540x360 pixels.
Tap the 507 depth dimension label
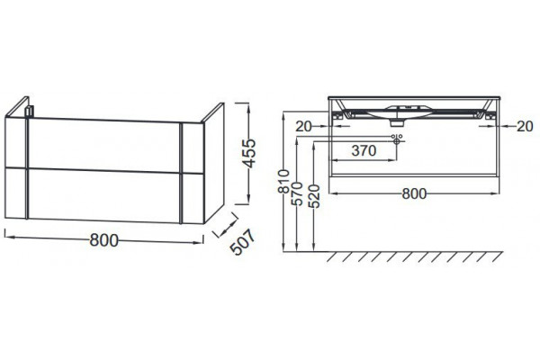[x=243, y=242]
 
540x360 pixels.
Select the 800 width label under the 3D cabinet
[x=104, y=240]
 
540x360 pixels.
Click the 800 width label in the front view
[x=414, y=194]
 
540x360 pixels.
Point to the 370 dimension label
[x=364, y=150]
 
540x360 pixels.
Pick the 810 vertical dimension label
[x=283, y=182]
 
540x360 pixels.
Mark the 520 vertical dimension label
[x=314, y=196]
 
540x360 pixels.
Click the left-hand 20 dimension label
[x=303, y=126]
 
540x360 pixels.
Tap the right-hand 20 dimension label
[x=525, y=126]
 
